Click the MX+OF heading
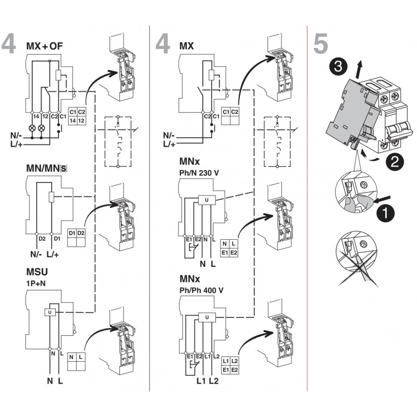click(x=44, y=46)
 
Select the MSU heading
click(x=37, y=272)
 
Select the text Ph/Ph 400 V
click(x=203, y=290)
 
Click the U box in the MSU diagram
click(x=50, y=312)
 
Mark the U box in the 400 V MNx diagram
click(x=207, y=317)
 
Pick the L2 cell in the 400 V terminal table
click(x=234, y=361)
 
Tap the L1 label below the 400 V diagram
click(x=201, y=382)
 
